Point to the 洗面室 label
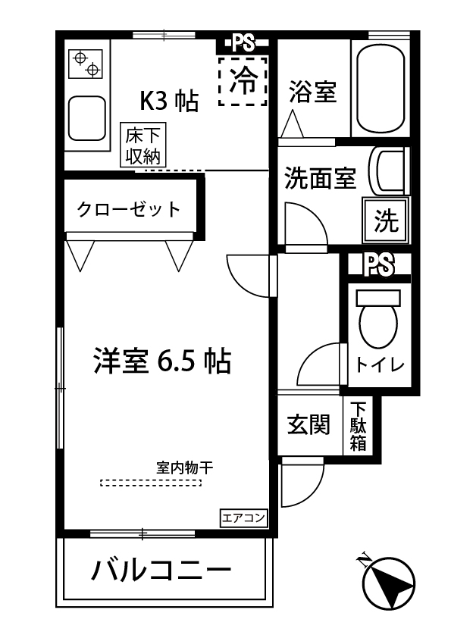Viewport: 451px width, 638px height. pyautogui.click(x=320, y=180)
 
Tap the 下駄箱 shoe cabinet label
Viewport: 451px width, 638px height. pyautogui.click(x=358, y=426)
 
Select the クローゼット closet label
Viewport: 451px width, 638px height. pyautogui.click(x=129, y=209)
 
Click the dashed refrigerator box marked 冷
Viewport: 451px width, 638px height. pyautogui.click(x=243, y=80)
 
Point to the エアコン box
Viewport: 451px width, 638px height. pyautogui.click(x=243, y=518)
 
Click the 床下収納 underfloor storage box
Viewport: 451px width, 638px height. pyautogui.click(x=143, y=146)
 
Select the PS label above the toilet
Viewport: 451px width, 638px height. pyautogui.click(x=379, y=264)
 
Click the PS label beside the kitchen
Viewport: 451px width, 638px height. pyautogui.click(x=243, y=42)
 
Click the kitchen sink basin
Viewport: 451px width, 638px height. pyautogui.click(x=88, y=118)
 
